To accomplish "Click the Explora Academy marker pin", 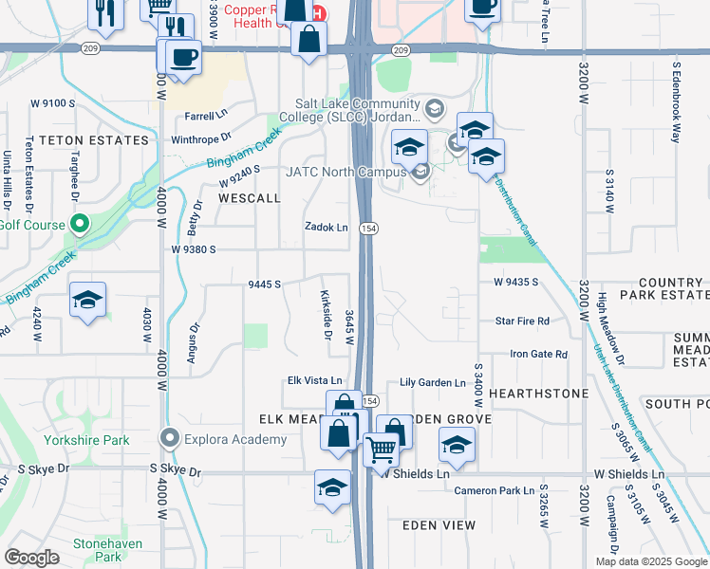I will tap(170, 438).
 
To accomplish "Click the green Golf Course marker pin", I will tap(80, 226).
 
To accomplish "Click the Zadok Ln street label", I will tap(326, 228).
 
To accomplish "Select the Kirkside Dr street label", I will tap(325, 315).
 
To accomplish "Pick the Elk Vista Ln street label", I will tap(314, 380).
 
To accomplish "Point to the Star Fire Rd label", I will tap(522, 321).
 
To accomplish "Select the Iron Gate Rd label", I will tap(538, 354).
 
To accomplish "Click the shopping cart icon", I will tap(381, 448).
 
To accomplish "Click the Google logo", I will tap(31, 557).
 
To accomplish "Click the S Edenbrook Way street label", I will tap(677, 102).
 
